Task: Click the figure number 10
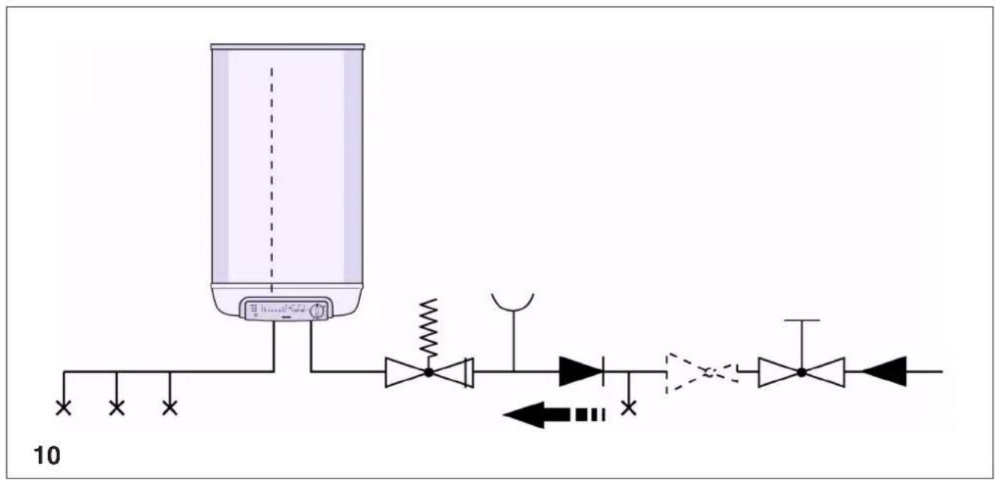tap(46, 456)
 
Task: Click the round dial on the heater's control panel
tap(317, 311)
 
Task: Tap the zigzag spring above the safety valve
tap(429, 328)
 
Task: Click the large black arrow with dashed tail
tap(554, 415)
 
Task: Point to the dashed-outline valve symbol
tap(702, 373)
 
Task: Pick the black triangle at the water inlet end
tap(883, 371)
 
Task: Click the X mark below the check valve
tap(628, 407)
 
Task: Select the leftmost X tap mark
tap(64, 407)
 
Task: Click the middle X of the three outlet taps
tap(117, 407)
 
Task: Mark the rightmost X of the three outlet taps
tap(169, 407)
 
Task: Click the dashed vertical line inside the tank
tap(272, 180)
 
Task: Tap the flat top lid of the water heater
tap(288, 46)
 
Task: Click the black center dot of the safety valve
tap(429, 373)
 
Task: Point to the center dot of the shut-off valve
tap(802, 373)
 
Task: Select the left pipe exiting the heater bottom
tap(274, 346)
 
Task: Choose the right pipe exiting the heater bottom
tap(312, 346)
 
